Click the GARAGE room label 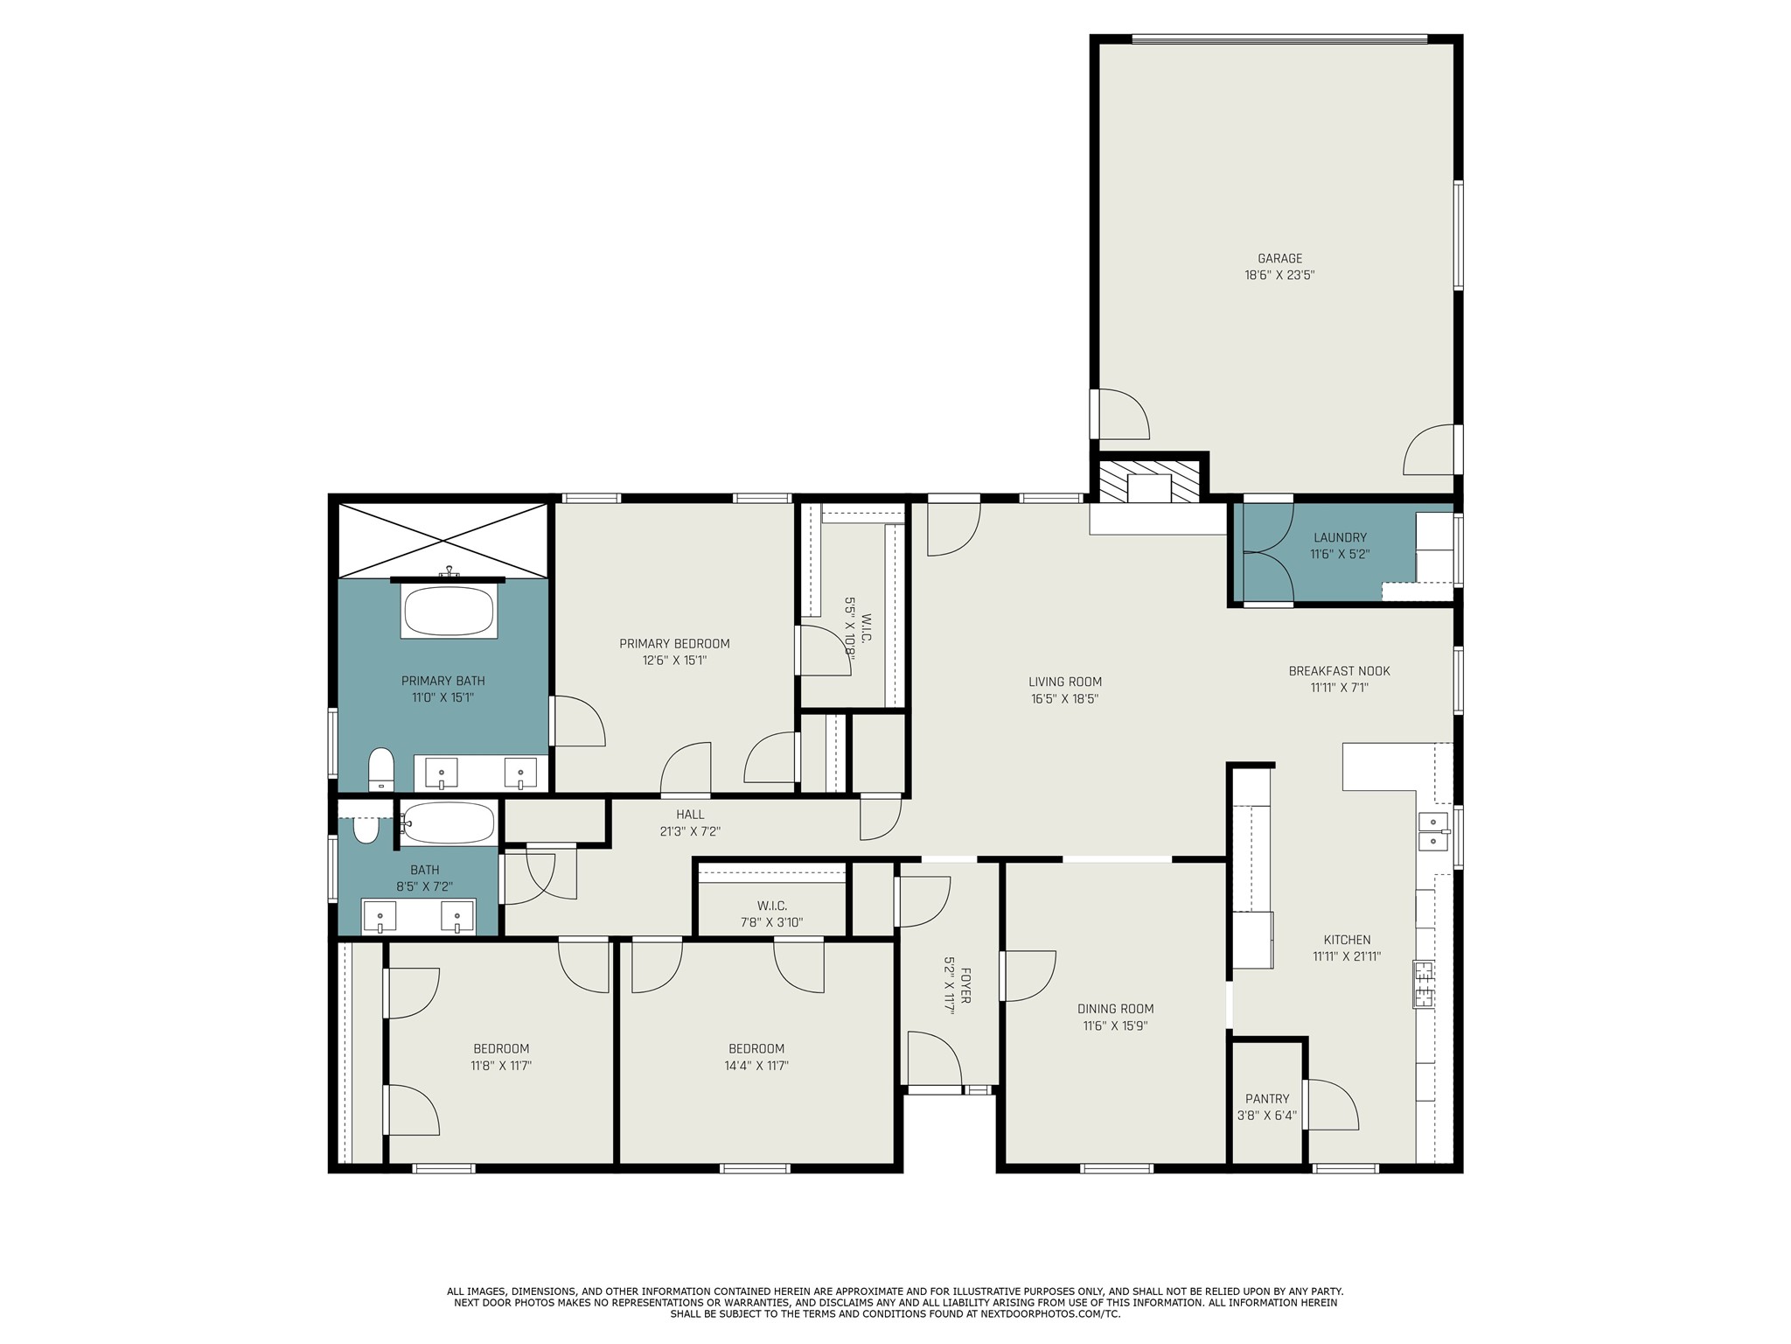coord(1279,258)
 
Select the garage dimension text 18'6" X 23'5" coord(1279,275)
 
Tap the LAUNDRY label coord(1339,537)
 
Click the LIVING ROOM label coord(1064,682)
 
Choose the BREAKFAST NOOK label coord(1339,671)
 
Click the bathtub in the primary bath coord(449,611)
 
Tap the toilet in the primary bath coord(381,769)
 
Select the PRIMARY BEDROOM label coord(674,644)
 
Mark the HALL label coord(689,815)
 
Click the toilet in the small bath coord(366,829)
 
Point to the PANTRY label coord(1267,1099)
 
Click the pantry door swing coord(1334,1104)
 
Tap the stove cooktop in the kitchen coord(1423,984)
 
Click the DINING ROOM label coord(1115,1009)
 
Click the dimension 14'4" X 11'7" coord(756,1066)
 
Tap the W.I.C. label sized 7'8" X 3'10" coord(771,906)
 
